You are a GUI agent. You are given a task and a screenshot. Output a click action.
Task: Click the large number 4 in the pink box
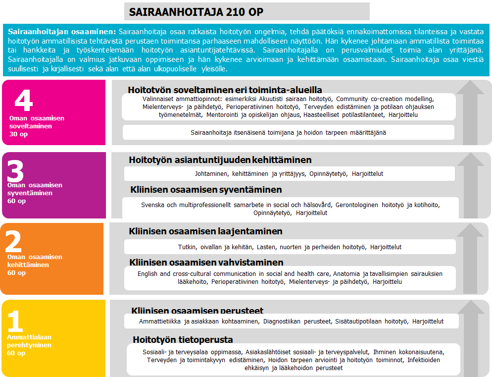(23, 101)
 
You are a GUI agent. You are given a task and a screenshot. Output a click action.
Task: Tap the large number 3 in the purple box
(16, 171)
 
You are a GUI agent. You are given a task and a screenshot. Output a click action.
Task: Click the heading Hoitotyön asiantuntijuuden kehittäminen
(220, 160)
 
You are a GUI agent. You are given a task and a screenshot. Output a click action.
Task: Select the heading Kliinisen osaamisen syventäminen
(206, 190)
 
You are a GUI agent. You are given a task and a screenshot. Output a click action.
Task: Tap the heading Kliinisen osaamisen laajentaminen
(205, 231)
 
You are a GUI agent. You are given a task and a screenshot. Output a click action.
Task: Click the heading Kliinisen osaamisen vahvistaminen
(206, 262)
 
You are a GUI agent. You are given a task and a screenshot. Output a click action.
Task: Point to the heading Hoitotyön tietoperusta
(183, 339)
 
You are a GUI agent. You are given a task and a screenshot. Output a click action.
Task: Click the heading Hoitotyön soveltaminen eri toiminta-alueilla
(225, 90)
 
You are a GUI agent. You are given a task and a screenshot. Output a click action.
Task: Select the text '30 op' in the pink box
(19, 134)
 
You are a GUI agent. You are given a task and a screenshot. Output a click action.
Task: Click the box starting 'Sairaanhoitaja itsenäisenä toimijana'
(288, 132)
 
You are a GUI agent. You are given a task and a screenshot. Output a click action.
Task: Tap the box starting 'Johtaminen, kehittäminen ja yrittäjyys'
(289, 174)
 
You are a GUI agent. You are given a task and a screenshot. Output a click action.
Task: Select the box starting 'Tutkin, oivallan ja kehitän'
(290, 247)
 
